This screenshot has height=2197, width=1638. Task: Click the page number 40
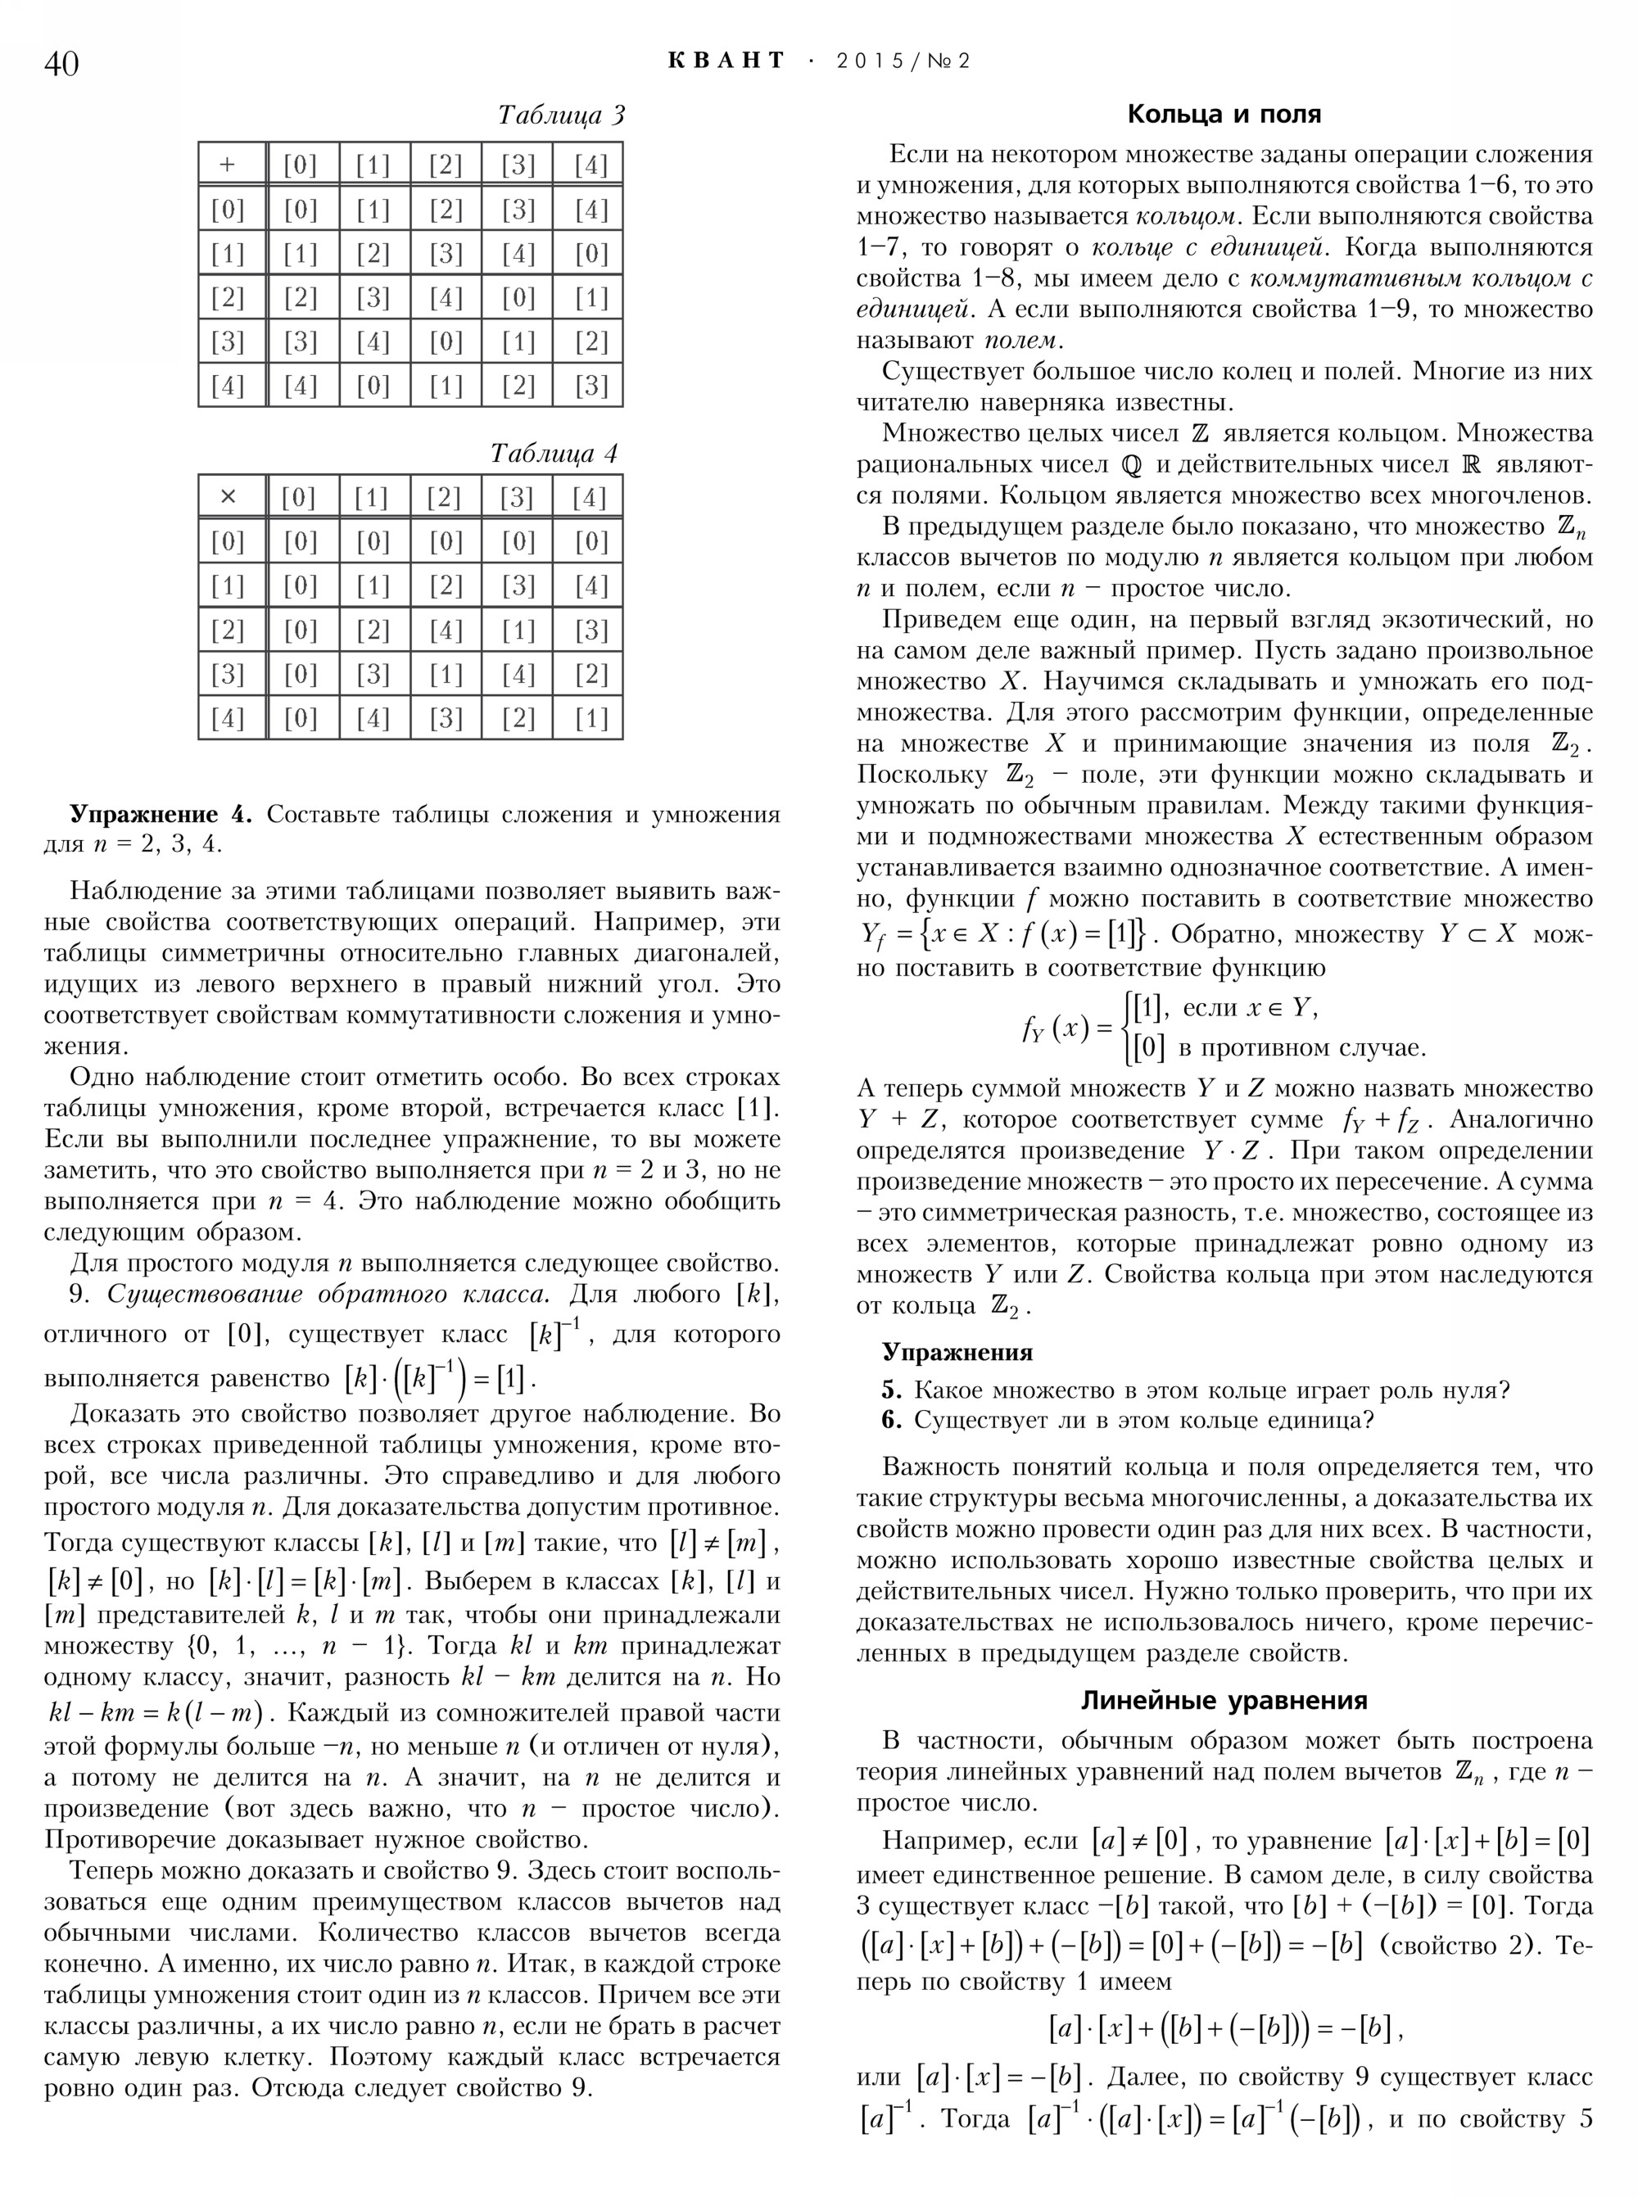coord(61,65)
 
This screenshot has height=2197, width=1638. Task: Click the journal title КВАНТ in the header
coord(726,61)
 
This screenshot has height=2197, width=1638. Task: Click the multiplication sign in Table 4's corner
coord(228,497)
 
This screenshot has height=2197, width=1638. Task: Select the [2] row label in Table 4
coord(228,630)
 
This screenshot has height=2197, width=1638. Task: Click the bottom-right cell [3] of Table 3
coord(590,386)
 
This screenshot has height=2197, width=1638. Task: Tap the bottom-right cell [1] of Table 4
coord(590,718)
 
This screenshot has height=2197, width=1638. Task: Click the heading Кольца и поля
coord(1224,115)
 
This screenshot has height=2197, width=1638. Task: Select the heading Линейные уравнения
coord(1224,1700)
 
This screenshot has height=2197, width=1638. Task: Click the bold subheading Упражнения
coord(957,1352)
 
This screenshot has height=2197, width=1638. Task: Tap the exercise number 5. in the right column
coord(891,1390)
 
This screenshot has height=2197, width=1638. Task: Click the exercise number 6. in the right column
coord(891,1421)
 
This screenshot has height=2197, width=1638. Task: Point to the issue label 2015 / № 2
coord(903,61)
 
